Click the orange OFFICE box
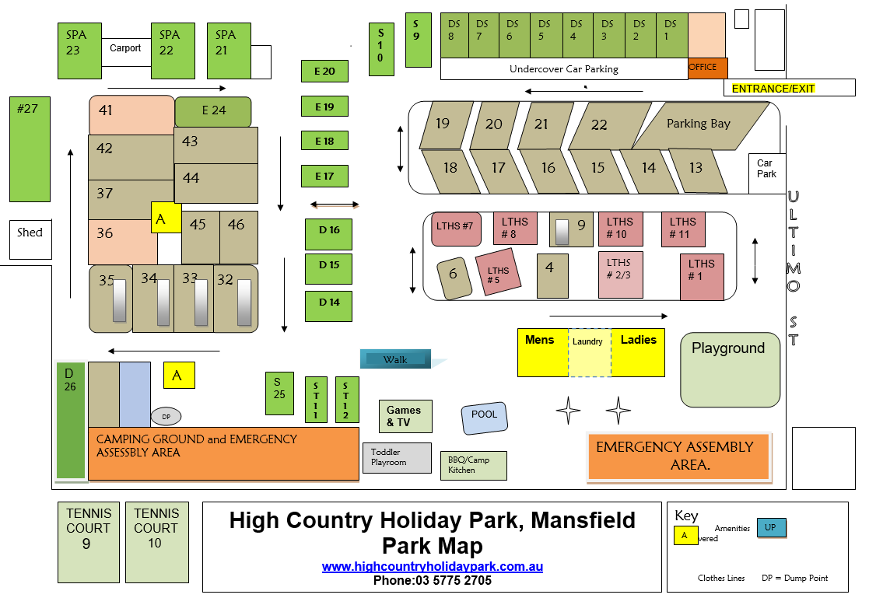(708, 68)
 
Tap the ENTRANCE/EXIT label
(773, 89)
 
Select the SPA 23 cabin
(80, 51)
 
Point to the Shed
(30, 240)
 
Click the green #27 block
(30, 149)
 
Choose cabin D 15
(328, 268)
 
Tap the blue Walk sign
(396, 359)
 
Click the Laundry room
(590, 353)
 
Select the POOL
(485, 418)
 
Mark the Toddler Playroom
(398, 457)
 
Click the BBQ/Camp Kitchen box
(474, 465)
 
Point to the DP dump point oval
(166, 417)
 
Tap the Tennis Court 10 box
(157, 542)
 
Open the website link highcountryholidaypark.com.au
(433, 567)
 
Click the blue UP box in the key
(770, 527)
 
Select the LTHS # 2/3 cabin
(621, 275)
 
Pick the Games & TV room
(405, 416)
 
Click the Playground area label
(728, 348)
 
